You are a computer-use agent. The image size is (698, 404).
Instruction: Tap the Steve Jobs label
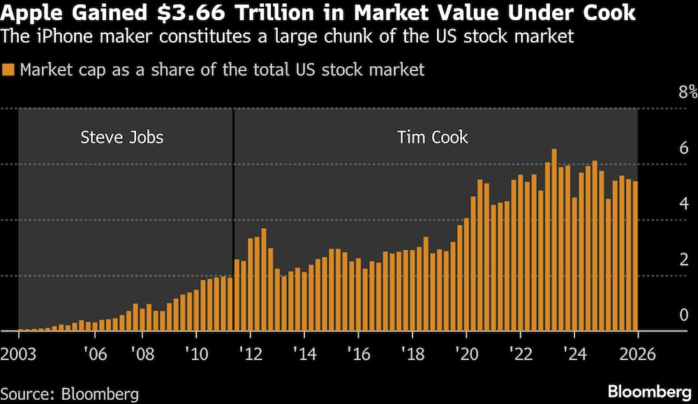pos(122,137)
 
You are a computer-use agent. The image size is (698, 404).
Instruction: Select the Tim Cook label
pos(433,137)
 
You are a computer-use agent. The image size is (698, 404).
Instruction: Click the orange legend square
pos(8,70)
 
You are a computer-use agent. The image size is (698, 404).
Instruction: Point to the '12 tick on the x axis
pos(249,353)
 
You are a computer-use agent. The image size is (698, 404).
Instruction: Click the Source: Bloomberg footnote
pos(70,394)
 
